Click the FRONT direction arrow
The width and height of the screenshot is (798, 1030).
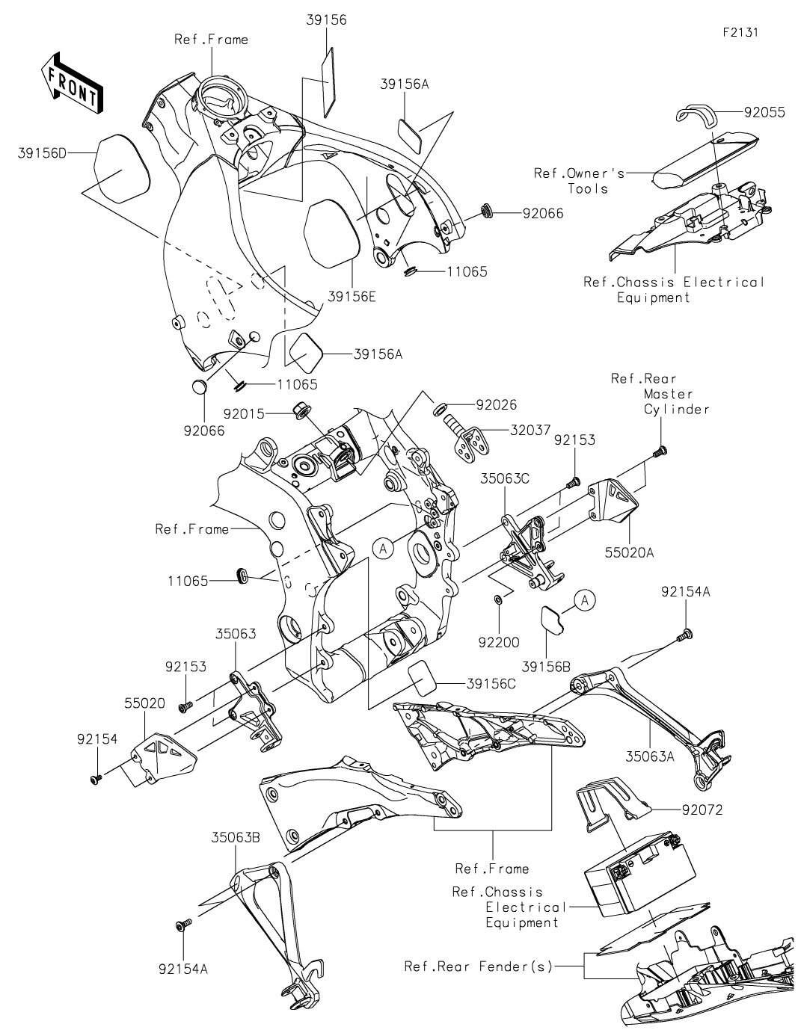coord(72,82)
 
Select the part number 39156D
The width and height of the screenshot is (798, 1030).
coord(43,153)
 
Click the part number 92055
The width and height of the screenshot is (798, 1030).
coord(764,112)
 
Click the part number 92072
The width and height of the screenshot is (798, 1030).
coord(702,809)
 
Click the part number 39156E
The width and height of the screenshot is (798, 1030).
coord(352,297)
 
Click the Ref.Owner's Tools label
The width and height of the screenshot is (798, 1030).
coord(580,181)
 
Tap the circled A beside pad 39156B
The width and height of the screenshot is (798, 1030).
coord(585,599)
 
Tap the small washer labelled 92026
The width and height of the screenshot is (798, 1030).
coord(440,409)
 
